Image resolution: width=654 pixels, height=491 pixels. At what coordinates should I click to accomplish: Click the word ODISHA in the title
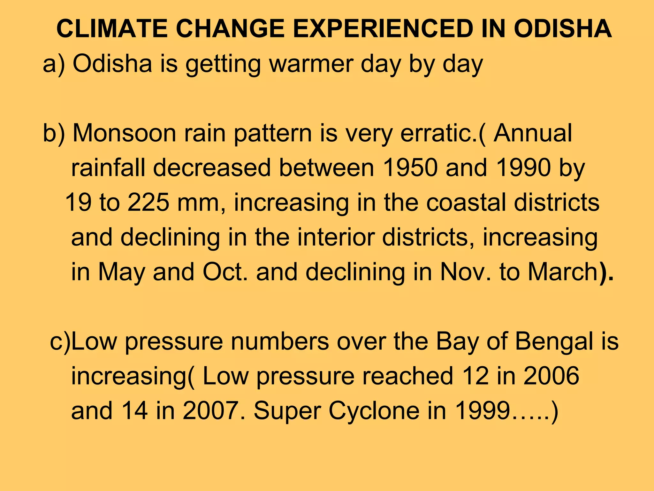[x=563, y=29]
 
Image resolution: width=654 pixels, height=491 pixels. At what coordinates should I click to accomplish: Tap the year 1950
[x=410, y=168]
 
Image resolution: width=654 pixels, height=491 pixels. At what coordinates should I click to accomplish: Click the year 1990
[x=524, y=168]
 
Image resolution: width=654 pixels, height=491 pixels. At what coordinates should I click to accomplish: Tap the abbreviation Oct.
[x=225, y=272]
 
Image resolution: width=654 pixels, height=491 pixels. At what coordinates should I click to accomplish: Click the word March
[x=562, y=272]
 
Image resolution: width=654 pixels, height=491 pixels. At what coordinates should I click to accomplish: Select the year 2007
[x=210, y=410]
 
